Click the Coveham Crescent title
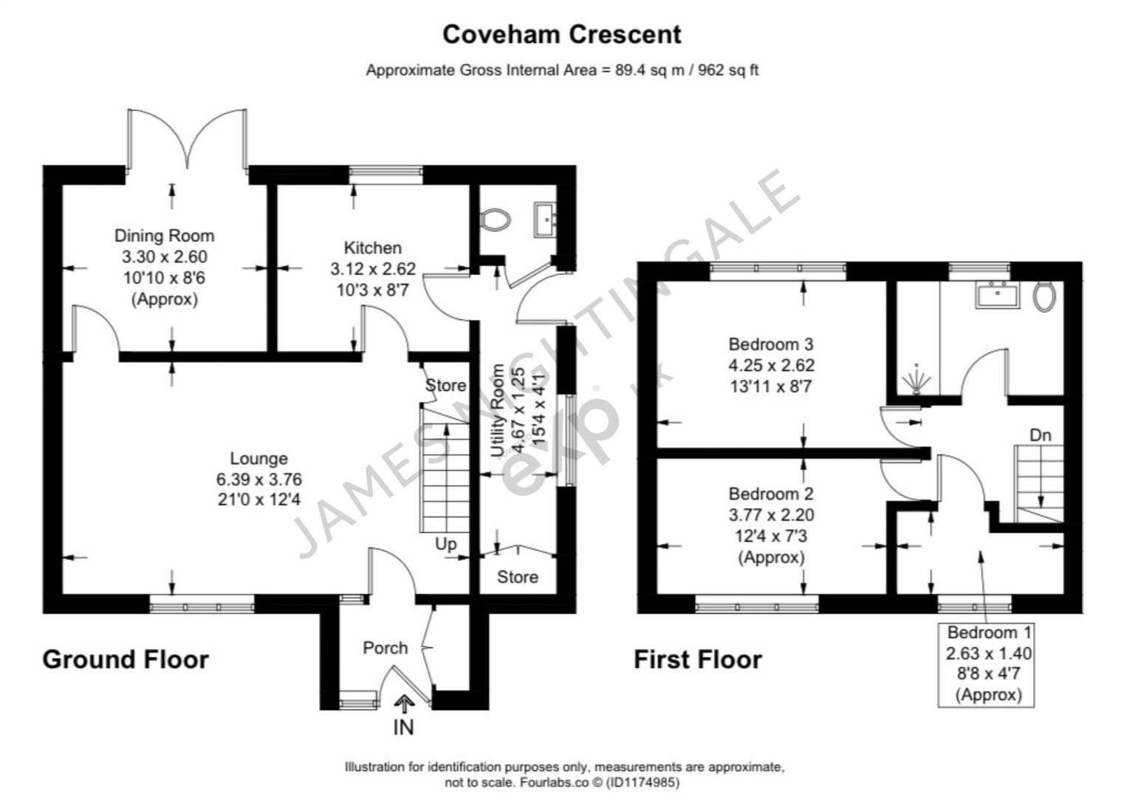561,34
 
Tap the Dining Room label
164,236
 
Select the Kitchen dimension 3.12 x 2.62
373,269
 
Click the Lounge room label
258,458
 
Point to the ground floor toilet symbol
495,219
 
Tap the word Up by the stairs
445,544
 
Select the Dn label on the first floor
1040,435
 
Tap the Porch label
385,648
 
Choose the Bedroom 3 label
770,344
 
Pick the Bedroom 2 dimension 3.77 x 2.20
771,515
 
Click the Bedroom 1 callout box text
989,663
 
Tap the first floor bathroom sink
997,295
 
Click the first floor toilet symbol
1044,296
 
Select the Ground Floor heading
126,659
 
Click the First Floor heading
697,659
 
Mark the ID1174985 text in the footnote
642,782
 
